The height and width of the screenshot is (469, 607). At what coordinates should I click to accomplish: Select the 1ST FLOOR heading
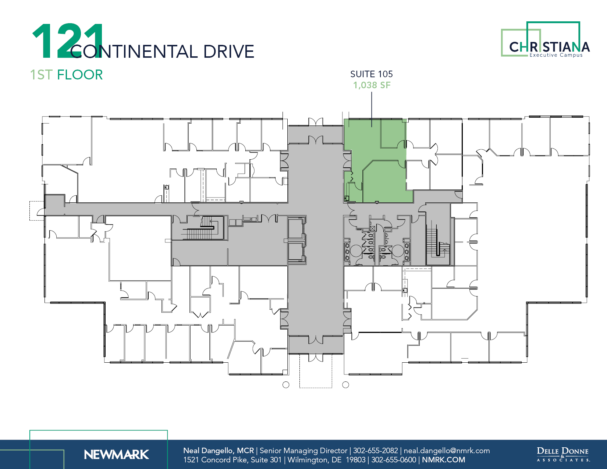66,75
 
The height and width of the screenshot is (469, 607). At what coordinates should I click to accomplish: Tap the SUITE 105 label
371,74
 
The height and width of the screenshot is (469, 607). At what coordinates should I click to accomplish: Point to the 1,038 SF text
372,85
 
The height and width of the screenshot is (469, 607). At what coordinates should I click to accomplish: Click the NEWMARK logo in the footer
116,455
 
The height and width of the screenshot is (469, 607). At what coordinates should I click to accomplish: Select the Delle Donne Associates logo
563,454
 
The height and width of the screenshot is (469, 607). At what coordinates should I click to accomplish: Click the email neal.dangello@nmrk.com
447,451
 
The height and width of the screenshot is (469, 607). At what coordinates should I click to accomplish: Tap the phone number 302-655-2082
375,451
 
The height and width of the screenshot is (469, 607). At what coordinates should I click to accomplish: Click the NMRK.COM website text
443,460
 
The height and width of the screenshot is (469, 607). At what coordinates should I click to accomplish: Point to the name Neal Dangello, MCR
219,451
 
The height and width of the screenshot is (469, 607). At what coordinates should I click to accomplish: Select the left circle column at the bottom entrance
286,385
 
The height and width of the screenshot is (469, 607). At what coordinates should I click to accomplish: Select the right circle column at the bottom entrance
345,385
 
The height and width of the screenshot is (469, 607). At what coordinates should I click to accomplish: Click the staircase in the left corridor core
200,229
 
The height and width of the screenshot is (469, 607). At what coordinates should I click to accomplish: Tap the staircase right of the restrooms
436,243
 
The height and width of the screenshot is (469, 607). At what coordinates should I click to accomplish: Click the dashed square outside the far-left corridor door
36,211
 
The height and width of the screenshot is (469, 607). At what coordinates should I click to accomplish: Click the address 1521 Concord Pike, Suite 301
232,460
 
